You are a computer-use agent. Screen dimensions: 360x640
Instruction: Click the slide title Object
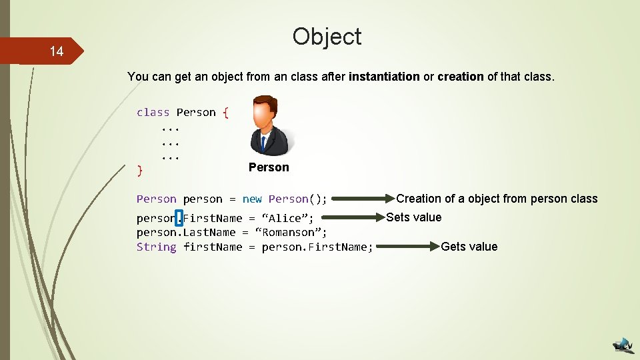327,36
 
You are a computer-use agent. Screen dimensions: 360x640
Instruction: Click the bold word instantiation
384,77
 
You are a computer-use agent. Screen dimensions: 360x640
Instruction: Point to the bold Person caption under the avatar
269,167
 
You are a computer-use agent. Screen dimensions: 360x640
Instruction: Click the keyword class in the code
153,112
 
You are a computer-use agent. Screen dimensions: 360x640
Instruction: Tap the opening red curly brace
225,112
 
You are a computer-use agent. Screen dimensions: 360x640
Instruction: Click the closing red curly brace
139,171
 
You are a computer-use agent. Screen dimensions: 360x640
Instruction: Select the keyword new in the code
252,199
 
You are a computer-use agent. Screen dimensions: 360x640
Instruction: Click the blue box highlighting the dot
179,217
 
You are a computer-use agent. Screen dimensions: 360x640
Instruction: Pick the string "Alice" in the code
287,218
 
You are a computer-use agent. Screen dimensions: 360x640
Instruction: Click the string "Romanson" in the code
291,233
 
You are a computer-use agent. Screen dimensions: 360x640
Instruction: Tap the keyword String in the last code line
156,247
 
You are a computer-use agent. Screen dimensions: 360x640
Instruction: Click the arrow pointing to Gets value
404,247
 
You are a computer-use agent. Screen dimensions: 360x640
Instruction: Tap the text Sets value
413,217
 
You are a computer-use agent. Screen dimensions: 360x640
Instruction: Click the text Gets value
469,247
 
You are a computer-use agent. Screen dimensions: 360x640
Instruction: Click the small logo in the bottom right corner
623,345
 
